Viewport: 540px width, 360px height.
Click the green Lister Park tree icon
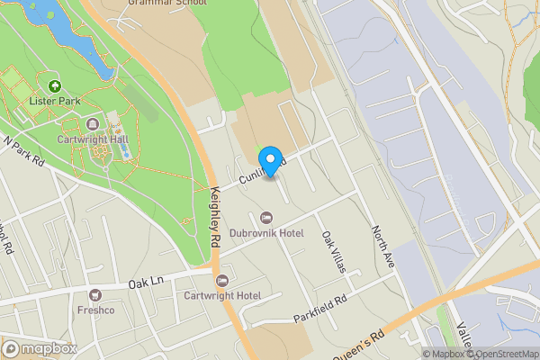coord(55,86)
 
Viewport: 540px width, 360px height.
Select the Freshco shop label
coord(95,310)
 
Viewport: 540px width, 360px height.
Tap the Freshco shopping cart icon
coord(95,295)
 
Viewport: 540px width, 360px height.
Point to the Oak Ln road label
coord(144,283)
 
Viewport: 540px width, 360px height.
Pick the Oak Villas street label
coord(333,252)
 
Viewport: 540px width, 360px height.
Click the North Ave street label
coord(383,245)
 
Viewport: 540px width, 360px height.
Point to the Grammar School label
coord(168,4)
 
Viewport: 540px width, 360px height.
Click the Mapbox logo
coord(40,348)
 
